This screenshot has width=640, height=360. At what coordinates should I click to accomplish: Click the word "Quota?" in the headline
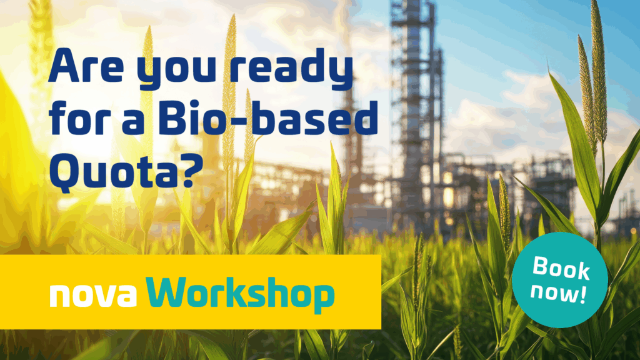point(126,171)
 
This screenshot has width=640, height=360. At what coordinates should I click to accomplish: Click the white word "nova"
point(93,295)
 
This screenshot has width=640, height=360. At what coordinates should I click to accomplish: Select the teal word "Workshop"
point(241,294)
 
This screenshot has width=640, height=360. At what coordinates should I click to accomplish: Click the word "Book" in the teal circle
point(561,268)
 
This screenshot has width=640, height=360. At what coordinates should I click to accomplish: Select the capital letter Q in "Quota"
point(66,172)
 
